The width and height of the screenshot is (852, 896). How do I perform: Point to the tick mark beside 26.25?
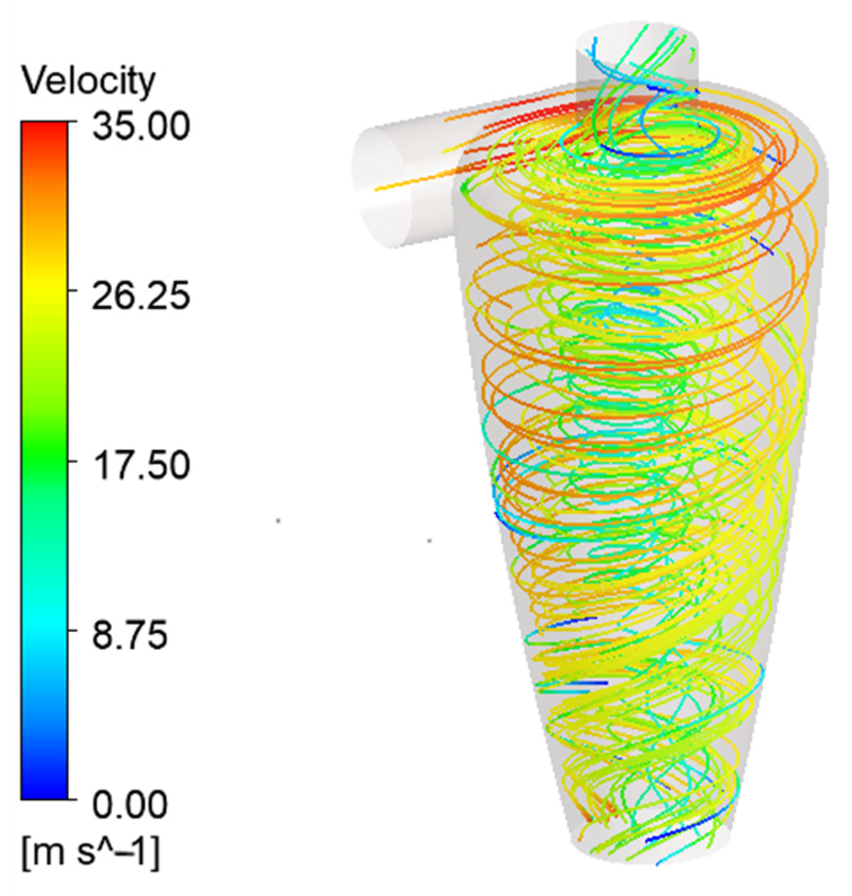(71, 291)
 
